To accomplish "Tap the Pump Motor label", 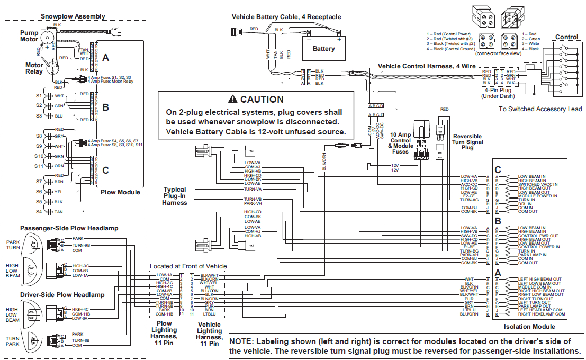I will pos(29,35).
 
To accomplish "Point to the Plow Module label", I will pos(120,192).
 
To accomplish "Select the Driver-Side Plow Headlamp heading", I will pos(62,294).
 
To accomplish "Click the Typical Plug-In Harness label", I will pos(175,196).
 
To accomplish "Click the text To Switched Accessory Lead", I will pos(540,109).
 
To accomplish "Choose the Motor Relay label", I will pos(34,68).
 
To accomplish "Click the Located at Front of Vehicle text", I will pos(188,266).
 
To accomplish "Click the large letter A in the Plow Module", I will pos(105,58).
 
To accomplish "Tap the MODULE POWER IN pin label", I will pos(537,196).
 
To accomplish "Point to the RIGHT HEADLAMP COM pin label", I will pos(541,314).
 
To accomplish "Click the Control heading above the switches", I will pos(566,37).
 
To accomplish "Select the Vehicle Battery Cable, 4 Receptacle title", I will pos(286,17).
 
